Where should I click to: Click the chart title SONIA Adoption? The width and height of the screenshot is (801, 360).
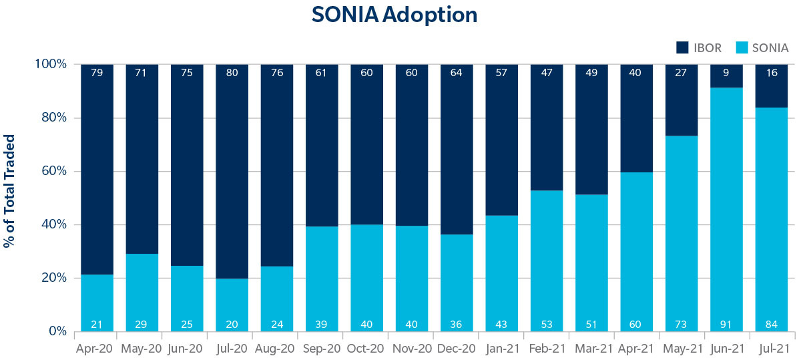point(394,15)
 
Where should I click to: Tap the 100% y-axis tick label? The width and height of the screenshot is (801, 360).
point(51,64)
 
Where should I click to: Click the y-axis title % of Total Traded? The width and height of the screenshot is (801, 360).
point(9,191)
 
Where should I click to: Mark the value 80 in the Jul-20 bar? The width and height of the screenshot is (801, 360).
point(232,72)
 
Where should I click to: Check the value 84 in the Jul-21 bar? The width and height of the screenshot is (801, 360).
point(772,325)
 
